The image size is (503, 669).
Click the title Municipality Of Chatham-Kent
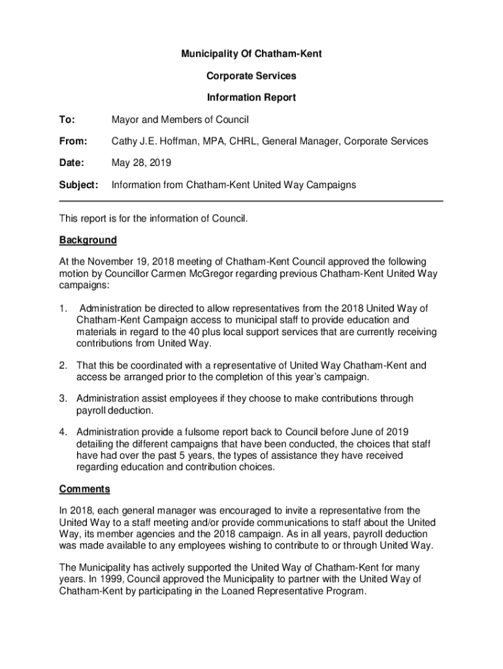click(252, 54)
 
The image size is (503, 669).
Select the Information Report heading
click(252, 97)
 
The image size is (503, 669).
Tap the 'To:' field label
click(67, 120)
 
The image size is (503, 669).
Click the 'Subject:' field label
click(79, 185)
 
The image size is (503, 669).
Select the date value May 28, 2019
click(142, 163)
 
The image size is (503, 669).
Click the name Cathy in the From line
click(124, 141)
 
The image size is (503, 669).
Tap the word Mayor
click(125, 120)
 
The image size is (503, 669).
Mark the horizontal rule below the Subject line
click(252, 201)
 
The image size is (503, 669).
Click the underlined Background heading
click(88, 240)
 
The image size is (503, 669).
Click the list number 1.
click(63, 308)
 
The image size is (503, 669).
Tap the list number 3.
click(63, 399)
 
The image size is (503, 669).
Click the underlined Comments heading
click(84, 489)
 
